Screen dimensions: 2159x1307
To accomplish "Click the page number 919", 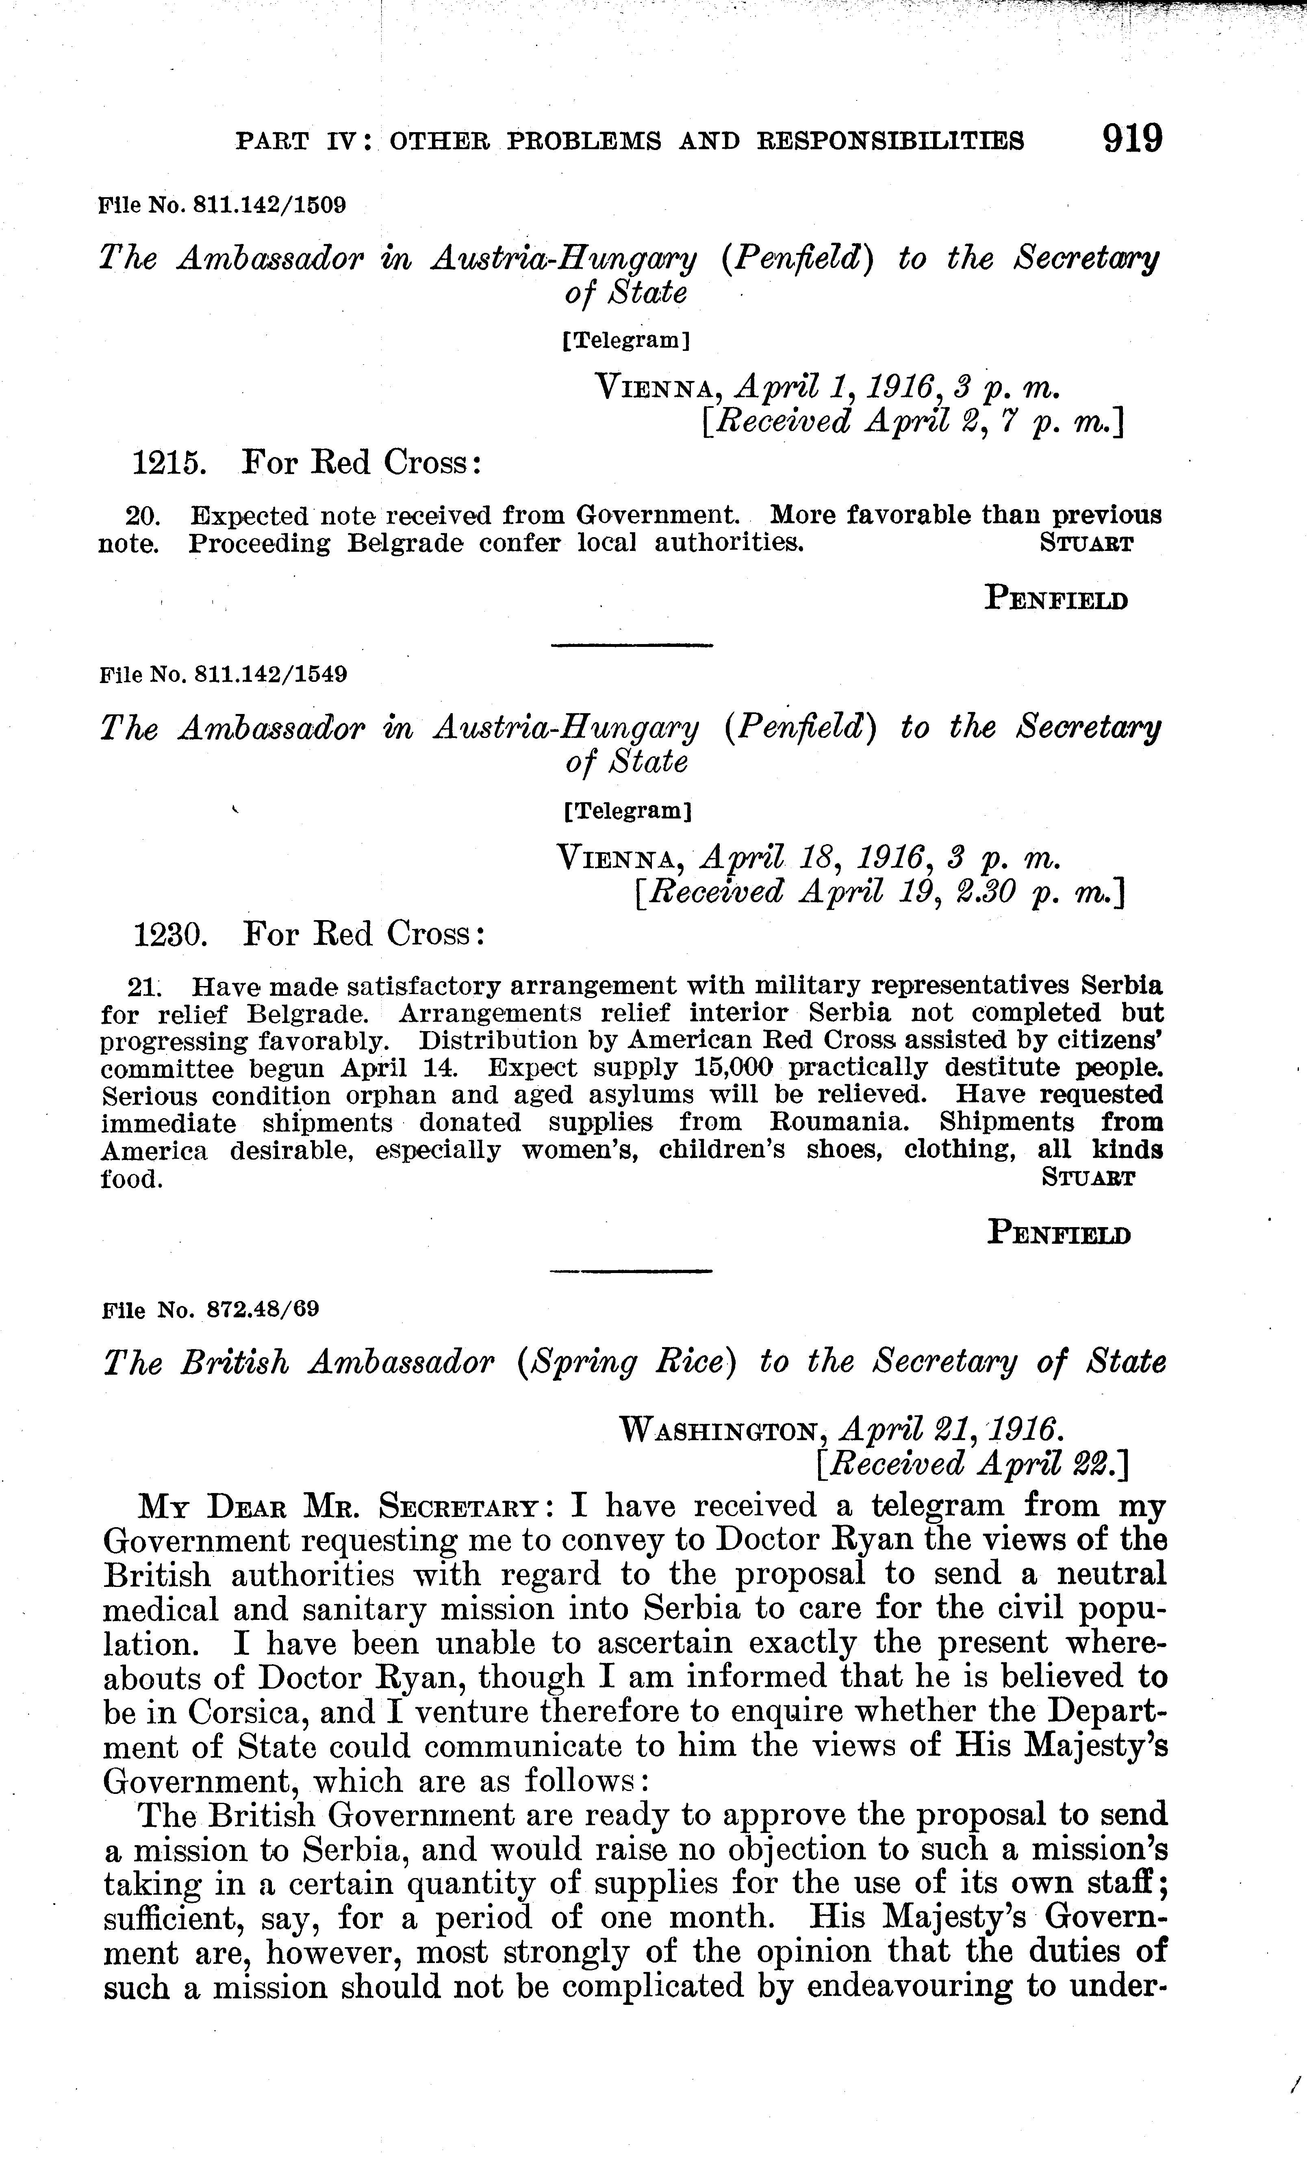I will pos(1132,138).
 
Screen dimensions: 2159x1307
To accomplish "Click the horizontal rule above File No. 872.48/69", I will pos(631,1271).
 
